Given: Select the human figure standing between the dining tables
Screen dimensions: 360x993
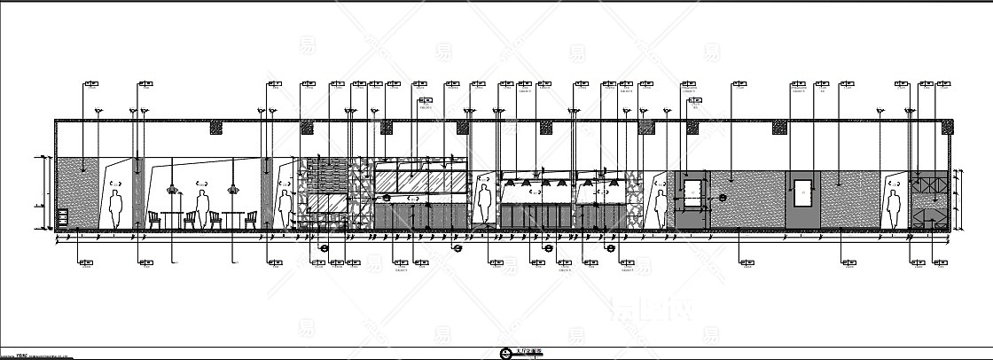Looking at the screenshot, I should tap(202, 209).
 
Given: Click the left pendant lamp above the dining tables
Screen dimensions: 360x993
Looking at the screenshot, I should tap(173, 187).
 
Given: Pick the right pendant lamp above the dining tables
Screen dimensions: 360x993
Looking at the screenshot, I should tap(234, 187).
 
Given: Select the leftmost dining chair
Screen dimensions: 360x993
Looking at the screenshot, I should tap(152, 219).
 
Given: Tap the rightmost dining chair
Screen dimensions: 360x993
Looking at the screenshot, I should tap(252, 219).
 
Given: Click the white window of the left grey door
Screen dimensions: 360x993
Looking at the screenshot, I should tap(692, 188).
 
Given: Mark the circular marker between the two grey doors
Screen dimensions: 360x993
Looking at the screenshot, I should tap(723, 198).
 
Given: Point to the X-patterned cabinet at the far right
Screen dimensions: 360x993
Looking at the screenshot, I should tap(930, 186).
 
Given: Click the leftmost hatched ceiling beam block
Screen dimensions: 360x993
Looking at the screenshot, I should tap(215, 129).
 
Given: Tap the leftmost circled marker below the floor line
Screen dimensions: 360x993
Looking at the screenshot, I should tap(324, 249).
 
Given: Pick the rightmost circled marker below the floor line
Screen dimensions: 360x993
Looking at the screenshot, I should tap(610, 249).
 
